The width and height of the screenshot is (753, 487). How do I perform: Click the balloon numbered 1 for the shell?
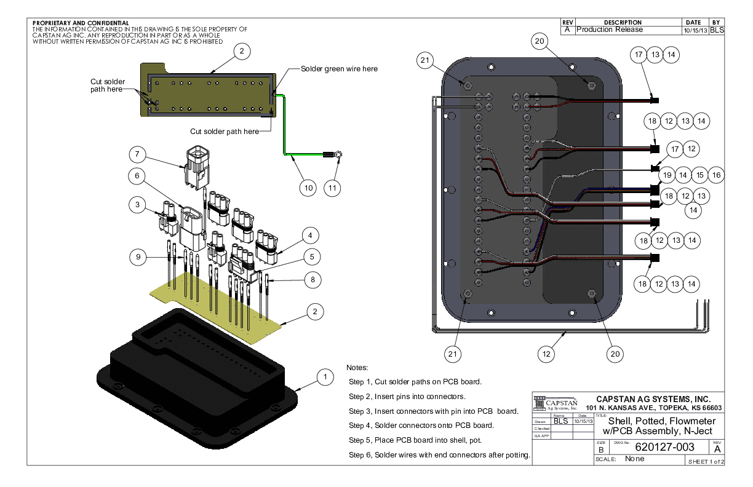[x=324, y=376]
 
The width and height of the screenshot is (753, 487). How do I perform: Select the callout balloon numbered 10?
[x=308, y=187]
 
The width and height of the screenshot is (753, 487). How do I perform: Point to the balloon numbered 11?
[x=333, y=187]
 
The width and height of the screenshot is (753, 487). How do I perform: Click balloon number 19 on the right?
[x=667, y=175]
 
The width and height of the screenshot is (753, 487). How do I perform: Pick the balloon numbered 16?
[x=715, y=175]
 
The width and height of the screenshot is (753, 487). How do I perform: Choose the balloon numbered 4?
[x=311, y=235]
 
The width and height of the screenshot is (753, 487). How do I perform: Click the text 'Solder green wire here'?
[x=339, y=69]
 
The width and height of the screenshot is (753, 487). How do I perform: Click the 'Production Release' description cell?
[x=610, y=30]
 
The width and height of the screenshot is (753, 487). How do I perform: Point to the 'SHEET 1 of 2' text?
[x=706, y=461]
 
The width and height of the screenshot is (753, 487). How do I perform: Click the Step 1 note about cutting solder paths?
[x=415, y=381]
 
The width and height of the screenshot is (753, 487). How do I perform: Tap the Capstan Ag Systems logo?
[x=556, y=403]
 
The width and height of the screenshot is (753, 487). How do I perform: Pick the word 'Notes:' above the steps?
[x=357, y=367]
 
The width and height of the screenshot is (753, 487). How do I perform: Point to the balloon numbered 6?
[x=138, y=176]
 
